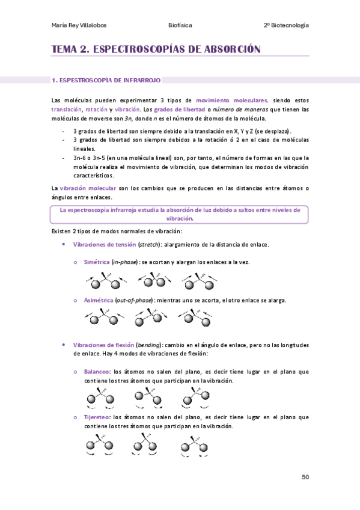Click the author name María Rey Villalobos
[81, 25]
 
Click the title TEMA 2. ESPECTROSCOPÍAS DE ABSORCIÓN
[156, 49]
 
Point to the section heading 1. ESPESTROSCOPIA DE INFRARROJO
[106, 79]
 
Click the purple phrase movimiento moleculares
[232, 100]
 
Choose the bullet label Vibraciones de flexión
[103, 345]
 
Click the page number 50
[305, 477]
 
